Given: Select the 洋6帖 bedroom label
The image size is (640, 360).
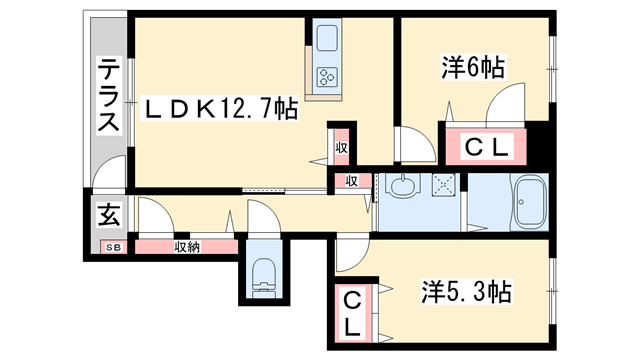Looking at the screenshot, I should [x=473, y=68].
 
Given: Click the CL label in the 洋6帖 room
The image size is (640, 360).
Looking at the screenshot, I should [x=489, y=148].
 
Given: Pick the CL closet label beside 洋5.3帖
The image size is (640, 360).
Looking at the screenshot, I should [x=353, y=313].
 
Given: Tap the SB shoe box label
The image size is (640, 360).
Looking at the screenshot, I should [x=112, y=247].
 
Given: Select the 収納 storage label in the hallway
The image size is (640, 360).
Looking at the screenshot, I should [x=186, y=246].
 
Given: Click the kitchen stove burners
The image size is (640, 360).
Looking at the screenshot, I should [x=329, y=76].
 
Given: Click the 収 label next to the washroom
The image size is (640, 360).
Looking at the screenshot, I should [x=352, y=181].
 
